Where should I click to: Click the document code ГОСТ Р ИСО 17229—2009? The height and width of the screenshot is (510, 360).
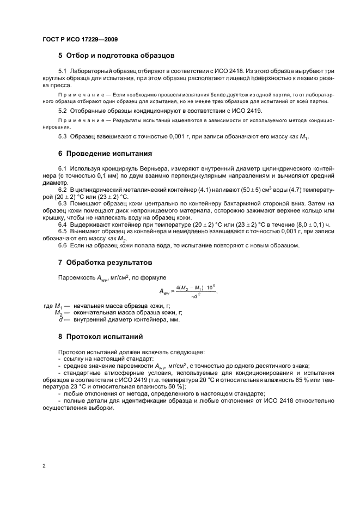80,39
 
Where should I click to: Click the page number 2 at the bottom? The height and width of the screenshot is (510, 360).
44,466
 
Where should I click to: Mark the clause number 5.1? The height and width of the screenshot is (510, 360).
62,71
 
